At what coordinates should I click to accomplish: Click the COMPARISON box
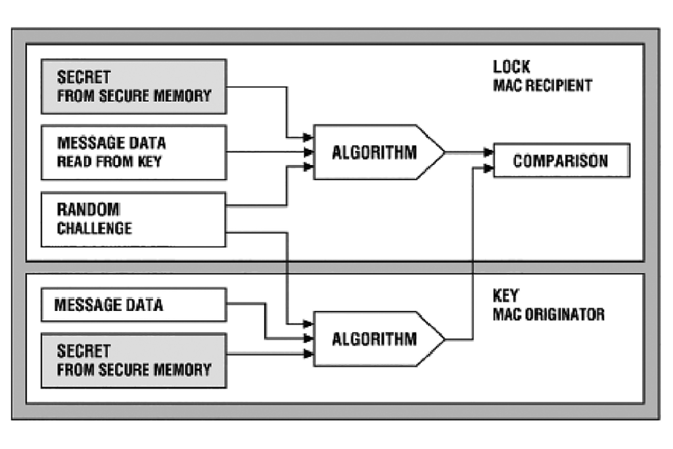point(561,160)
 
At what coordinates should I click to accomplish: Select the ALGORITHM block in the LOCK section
point(375,152)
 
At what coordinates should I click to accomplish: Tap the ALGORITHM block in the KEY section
point(375,339)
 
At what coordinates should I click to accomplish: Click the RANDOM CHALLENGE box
point(133,220)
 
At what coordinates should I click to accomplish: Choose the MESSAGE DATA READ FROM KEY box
point(133,153)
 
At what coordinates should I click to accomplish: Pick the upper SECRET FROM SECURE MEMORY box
point(133,86)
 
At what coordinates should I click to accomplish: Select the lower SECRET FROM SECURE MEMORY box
point(133,360)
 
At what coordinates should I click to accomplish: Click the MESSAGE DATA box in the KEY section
point(133,305)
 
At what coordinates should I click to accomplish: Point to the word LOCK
point(511,67)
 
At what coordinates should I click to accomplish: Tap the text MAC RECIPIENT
point(542,85)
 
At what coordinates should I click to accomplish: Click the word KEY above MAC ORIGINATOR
point(506,296)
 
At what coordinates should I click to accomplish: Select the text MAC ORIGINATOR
point(548,314)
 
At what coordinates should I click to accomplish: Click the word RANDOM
point(88,210)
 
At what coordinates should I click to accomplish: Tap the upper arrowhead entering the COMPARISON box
point(488,153)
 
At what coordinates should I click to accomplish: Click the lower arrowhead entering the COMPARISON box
point(488,169)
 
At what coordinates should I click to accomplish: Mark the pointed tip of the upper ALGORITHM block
point(444,152)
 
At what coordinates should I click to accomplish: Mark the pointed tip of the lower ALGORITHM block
point(444,339)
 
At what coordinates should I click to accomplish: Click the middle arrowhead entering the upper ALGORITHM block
point(308,153)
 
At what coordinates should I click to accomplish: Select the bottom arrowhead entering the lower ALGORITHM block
point(308,354)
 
